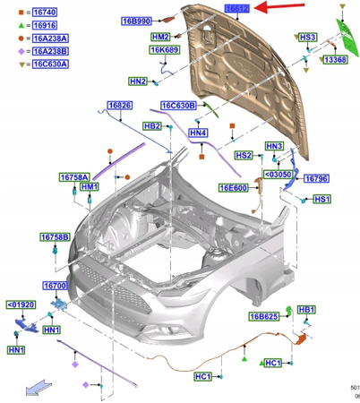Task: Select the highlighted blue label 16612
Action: [236, 8]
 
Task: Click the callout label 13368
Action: [337, 59]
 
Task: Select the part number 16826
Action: [120, 107]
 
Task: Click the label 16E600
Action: [234, 189]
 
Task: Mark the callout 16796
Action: [319, 178]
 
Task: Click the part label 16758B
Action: [54, 237]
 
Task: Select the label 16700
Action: [56, 286]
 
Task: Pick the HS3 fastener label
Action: [308, 38]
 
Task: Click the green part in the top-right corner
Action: [344, 31]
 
